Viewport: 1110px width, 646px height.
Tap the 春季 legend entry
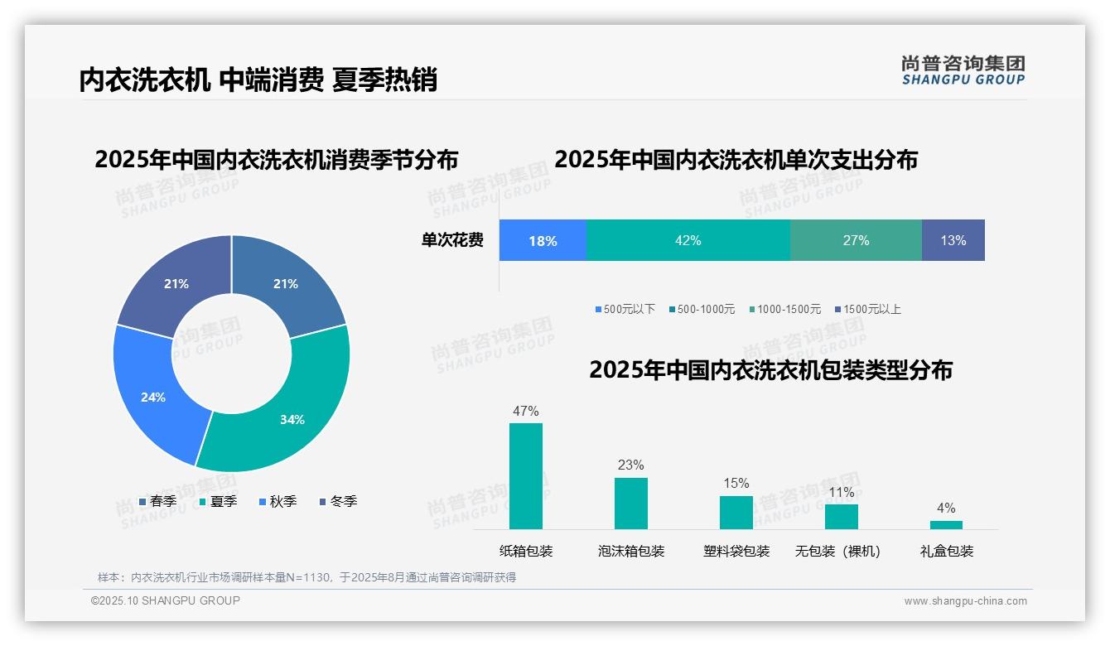click(x=158, y=501)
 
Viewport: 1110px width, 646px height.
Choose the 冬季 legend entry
click(x=338, y=501)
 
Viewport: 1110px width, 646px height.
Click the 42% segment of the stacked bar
click(x=688, y=240)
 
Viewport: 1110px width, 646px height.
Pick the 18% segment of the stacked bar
click(x=543, y=240)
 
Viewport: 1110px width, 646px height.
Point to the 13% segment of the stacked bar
click(x=953, y=240)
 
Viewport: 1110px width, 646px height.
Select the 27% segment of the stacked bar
click(x=856, y=240)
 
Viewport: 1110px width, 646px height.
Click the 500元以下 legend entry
click(x=625, y=309)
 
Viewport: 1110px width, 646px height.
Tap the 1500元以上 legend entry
click(x=867, y=309)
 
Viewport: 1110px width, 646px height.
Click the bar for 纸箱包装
click(x=525, y=475)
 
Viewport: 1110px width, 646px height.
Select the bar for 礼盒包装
click(x=946, y=524)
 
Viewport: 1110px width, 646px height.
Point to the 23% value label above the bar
click(x=630, y=465)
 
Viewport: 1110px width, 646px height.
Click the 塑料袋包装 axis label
click(x=736, y=551)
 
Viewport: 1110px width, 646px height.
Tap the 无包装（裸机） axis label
click(x=837, y=551)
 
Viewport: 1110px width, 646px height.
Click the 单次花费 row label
click(x=452, y=240)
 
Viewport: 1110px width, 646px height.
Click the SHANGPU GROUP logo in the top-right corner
click(x=963, y=70)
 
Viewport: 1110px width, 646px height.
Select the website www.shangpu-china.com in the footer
click(x=965, y=600)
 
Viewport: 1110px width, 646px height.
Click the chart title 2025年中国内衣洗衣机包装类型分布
click(x=770, y=369)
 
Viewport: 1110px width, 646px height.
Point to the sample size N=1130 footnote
click(x=306, y=577)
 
